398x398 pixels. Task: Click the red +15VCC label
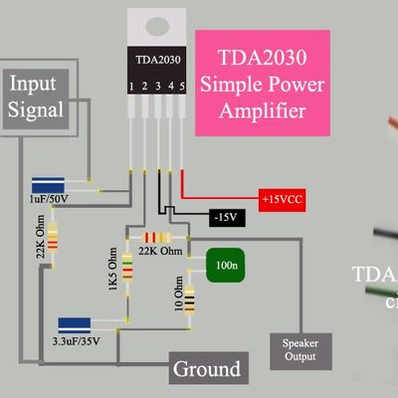click(282, 197)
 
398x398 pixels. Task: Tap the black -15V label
click(226, 216)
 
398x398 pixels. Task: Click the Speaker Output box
click(293, 347)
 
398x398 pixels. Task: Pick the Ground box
click(207, 369)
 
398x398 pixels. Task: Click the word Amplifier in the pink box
click(264, 111)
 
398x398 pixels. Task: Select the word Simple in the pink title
click(227, 86)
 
